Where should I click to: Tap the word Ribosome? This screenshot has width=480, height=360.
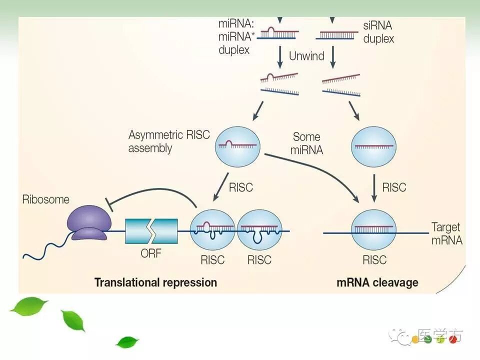click(45, 199)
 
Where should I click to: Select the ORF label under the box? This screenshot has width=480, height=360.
click(151, 253)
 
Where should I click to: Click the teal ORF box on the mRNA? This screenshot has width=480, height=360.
click(151, 231)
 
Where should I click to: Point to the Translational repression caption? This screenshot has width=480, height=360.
click(155, 282)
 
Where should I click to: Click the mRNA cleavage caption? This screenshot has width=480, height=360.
click(377, 282)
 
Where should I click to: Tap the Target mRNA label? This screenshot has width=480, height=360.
click(446, 233)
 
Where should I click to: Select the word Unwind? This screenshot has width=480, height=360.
click(306, 55)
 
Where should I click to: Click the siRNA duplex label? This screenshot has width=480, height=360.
click(378, 31)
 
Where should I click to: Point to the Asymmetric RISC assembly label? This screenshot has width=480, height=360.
click(168, 141)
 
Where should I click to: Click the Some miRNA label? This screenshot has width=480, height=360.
click(307, 143)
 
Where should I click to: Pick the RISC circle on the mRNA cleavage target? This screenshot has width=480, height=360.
click(374, 230)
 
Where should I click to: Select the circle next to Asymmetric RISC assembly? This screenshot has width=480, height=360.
click(237, 146)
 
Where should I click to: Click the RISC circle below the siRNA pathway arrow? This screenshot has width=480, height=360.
click(374, 146)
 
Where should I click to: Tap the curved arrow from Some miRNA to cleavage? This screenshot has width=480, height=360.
click(320, 170)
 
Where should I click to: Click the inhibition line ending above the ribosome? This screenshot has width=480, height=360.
click(150, 192)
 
